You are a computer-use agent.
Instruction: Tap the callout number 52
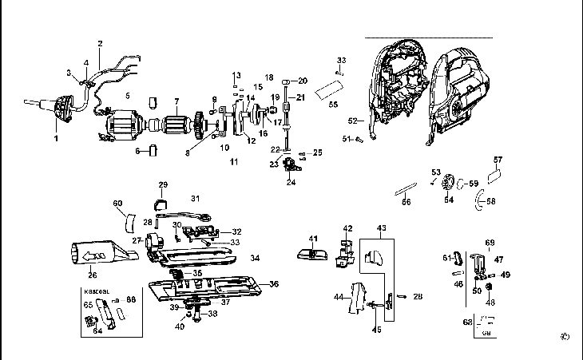coord(352,121)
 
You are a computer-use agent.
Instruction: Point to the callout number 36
coord(274,284)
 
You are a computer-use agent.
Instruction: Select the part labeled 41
coord(311,254)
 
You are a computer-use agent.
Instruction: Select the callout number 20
coord(303,81)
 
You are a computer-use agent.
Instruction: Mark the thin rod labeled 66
coord(407,192)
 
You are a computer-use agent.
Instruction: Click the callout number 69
coord(490,242)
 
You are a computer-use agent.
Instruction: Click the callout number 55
coord(334,105)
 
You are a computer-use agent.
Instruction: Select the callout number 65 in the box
coord(89,304)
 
